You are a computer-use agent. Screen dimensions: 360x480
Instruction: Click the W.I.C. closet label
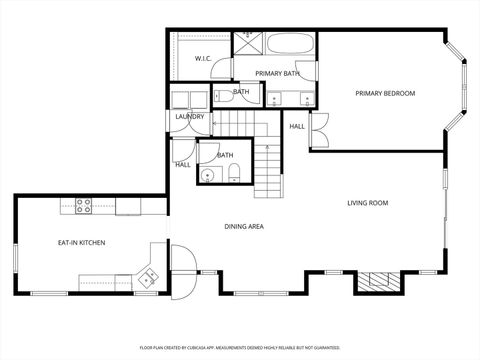(201, 59)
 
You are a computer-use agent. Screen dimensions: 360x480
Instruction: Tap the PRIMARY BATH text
(276, 74)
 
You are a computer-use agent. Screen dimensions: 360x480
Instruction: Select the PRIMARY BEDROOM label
(385, 93)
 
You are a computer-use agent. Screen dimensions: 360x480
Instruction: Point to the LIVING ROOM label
(367, 203)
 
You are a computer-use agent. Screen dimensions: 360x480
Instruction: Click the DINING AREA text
(243, 227)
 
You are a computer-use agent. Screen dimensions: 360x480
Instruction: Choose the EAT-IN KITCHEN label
(81, 243)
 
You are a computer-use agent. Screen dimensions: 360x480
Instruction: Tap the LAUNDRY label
(189, 117)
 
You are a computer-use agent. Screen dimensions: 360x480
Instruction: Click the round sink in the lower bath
(207, 175)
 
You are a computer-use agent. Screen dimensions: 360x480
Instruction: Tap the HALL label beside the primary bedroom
(297, 127)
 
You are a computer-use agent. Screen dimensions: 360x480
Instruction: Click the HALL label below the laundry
(183, 164)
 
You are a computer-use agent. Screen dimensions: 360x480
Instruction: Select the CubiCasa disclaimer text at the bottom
(240, 346)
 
